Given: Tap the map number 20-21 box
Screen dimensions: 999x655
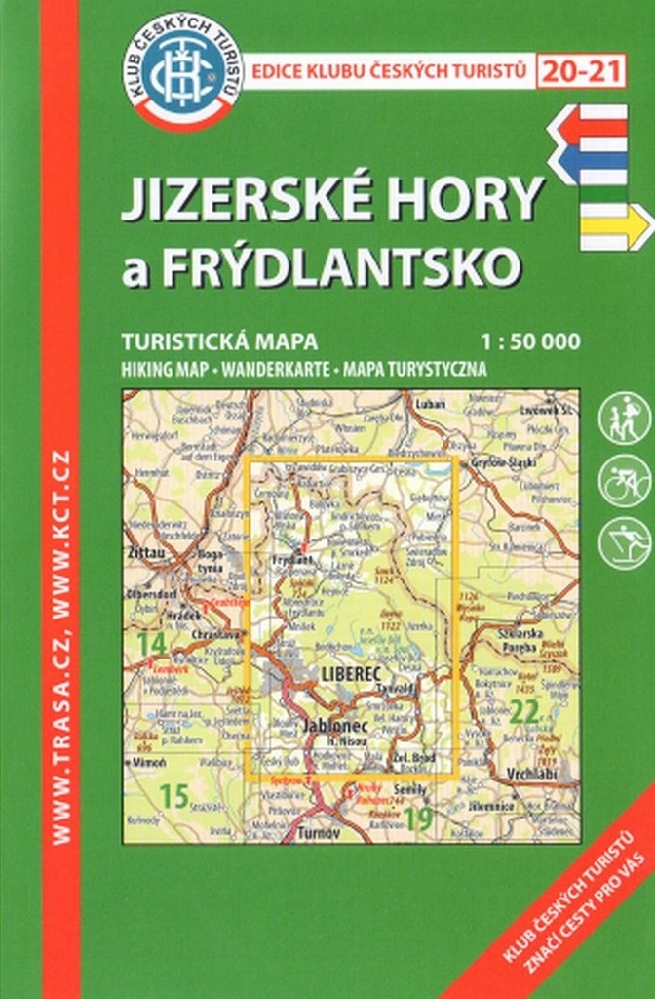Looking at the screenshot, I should [581, 70].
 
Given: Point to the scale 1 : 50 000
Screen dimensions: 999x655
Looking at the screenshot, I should [529, 341].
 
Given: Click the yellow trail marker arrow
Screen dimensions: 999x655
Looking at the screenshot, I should [615, 226].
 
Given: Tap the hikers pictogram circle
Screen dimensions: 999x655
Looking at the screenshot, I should [624, 419].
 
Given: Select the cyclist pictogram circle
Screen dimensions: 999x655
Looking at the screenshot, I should [624, 481].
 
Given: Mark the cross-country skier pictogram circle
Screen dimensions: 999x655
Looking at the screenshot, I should [624, 543].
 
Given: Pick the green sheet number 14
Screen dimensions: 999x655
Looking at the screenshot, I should [151, 643].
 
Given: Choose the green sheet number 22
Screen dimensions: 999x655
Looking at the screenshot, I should [523, 713].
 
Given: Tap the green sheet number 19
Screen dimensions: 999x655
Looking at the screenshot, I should [418, 819].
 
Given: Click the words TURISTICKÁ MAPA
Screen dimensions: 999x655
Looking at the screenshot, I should [220, 341].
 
